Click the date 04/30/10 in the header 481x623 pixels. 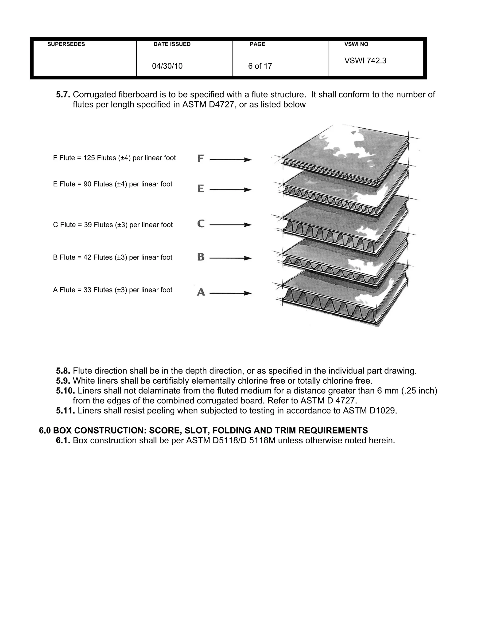click(x=167, y=66)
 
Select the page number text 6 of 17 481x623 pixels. click(x=260, y=66)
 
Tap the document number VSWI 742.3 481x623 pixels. click(x=365, y=61)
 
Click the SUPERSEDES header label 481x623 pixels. click(x=66, y=44)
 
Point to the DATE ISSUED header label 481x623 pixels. click(x=172, y=44)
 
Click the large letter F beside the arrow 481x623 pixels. click(x=201, y=159)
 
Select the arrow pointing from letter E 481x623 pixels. click(x=230, y=190)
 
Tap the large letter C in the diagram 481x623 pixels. click(x=201, y=223)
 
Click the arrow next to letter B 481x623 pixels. click(x=230, y=258)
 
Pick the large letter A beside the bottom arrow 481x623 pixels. click(x=201, y=292)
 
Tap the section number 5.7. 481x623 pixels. click(x=63, y=95)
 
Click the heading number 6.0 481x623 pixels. click(x=45, y=430)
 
